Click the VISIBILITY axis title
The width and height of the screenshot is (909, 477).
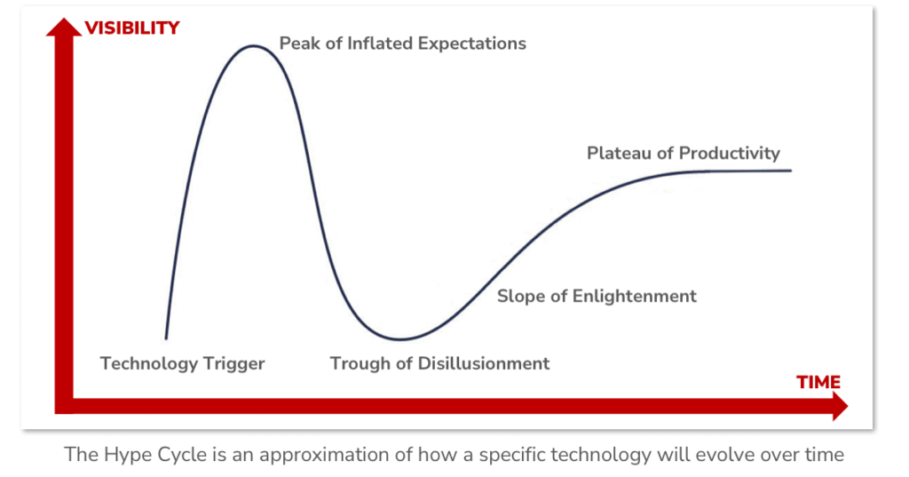132,28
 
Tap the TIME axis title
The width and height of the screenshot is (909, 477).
818,383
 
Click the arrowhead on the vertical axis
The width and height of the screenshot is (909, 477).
63,29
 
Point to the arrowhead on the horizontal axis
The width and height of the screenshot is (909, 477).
838,407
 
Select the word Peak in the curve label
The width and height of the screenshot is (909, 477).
299,44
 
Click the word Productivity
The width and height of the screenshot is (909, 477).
730,154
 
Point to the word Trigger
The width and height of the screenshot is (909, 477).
235,363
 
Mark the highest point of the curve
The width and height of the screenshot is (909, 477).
254,45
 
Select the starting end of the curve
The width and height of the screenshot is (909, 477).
166,338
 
